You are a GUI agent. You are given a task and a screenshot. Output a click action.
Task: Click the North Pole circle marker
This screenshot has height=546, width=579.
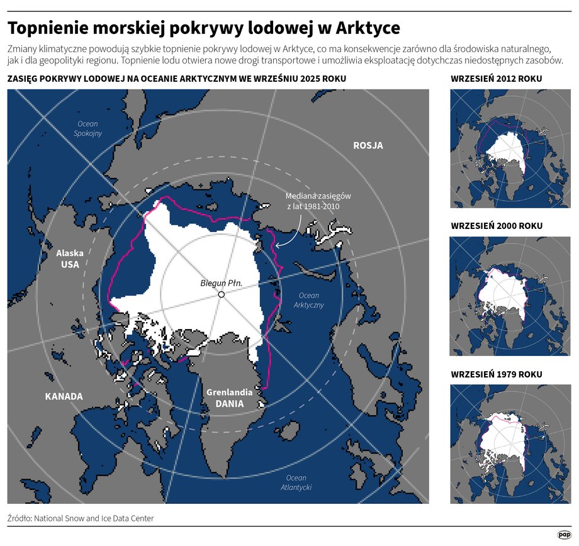(x=222, y=294)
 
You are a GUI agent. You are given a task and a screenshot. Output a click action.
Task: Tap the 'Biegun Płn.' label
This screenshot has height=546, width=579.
(x=221, y=283)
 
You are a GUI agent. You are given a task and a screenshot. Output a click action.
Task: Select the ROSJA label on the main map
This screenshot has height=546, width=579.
(x=368, y=146)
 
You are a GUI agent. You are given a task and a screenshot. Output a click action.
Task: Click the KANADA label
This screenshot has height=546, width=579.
(x=64, y=396)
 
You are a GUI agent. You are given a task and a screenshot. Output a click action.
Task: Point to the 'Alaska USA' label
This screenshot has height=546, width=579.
(x=70, y=259)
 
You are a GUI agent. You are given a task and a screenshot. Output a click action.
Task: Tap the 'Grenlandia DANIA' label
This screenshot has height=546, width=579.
(x=229, y=398)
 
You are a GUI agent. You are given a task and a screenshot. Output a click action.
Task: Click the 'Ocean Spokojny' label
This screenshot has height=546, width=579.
(x=87, y=129)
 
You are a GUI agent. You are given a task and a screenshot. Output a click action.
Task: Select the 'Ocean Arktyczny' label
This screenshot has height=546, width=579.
(x=308, y=300)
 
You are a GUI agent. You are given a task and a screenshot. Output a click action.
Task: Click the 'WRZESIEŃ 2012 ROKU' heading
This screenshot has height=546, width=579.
(x=497, y=79)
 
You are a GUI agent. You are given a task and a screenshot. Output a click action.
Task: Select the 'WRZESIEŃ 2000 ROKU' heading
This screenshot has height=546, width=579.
(x=497, y=226)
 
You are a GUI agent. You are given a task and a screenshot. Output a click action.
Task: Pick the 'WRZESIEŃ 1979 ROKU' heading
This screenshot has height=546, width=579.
(x=497, y=374)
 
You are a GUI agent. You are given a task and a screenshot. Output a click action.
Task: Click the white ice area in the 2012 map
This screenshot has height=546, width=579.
(x=507, y=151)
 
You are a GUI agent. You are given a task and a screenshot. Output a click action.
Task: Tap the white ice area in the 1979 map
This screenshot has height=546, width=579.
(x=503, y=440)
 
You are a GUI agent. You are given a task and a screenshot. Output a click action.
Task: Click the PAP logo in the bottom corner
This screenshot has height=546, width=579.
(x=564, y=535)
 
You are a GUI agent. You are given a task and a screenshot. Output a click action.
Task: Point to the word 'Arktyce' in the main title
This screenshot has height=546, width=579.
(x=368, y=29)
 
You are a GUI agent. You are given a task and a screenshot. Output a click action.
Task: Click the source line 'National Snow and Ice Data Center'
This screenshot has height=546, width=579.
(x=94, y=518)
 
